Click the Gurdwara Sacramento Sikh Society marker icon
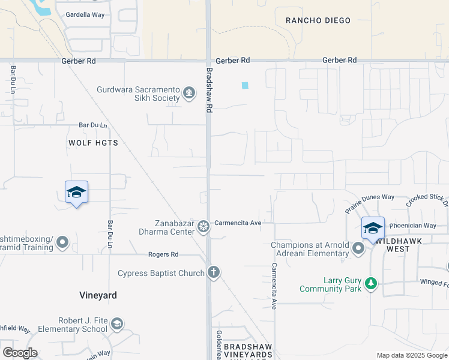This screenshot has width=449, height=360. (189, 93)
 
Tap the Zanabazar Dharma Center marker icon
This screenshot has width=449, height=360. (203, 227)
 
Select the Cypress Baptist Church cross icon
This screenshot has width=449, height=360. (213, 272)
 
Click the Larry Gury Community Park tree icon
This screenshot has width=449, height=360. (371, 283)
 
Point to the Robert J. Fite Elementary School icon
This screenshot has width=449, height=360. (117, 325)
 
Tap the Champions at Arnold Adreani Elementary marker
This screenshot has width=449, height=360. (359, 248)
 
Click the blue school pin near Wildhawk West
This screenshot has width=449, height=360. (373, 229)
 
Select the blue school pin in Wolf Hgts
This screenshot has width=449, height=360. (76, 193)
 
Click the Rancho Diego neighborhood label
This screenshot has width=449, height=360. (318, 20)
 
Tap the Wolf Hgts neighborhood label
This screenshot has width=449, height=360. (93, 143)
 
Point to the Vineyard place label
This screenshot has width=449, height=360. (98, 295)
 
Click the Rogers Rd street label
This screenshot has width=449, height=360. (164, 254)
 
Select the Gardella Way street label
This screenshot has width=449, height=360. (85, 14)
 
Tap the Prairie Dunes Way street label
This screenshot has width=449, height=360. (369, 203)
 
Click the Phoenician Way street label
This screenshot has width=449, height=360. (412, 226)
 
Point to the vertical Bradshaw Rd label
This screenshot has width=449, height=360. (209, 90)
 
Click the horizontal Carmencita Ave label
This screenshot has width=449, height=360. (238, 223)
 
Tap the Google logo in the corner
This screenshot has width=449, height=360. (20, 352)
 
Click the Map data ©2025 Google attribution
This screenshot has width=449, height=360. (412, 355)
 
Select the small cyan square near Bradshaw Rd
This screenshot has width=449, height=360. (244, 85)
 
